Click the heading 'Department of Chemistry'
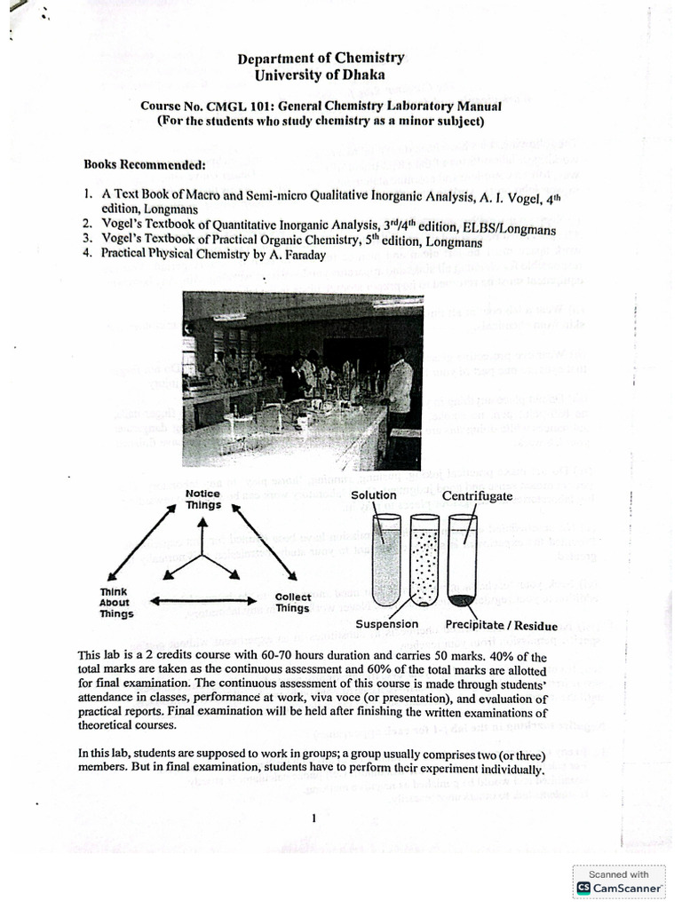[321, 59]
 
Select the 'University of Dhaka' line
[321, 77]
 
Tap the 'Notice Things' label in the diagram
[202, 499]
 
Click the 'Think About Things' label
[116, 602]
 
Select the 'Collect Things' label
[292, 603]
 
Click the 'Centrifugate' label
[477, 496]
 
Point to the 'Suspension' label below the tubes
[386, 624]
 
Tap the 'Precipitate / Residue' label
[501, 625]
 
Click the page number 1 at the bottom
[314, 818]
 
